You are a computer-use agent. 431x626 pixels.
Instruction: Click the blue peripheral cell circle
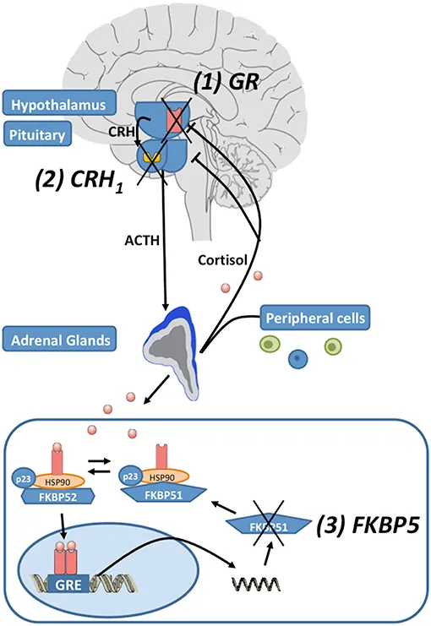point(295,359)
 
